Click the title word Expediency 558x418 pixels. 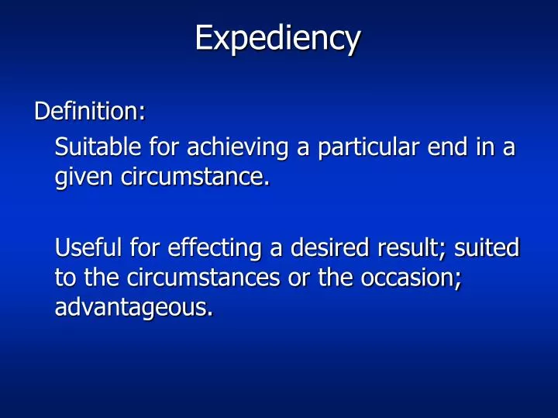pos(277,38)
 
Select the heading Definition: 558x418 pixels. pos(89,112)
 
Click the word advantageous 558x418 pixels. pos(133,309)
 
